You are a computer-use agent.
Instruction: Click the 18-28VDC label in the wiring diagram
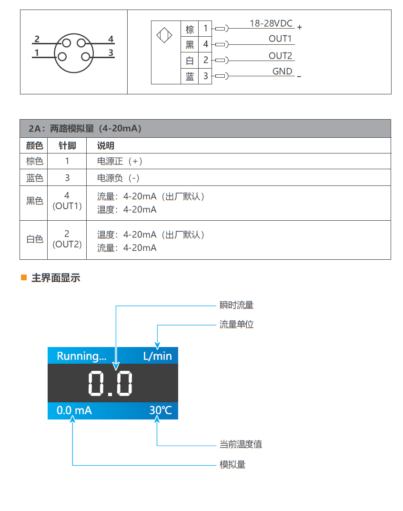click(x=271, y=23)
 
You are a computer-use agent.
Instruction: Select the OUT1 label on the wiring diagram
click(x=280, y=39)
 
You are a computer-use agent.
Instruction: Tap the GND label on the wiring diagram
click(x=282, y=72)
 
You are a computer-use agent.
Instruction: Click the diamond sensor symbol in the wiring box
click(x=164, y=36)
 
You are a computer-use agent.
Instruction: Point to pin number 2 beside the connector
click(x=37, y=40)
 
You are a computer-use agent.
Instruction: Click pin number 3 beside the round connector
click(x=111, y=53)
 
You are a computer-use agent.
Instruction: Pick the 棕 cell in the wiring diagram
click(x=190, y=29)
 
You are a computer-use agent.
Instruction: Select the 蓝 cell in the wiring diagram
click(x=190, y=76)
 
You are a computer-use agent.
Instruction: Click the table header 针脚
click(x=67, y=146)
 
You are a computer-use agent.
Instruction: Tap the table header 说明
click(x=106, y=146)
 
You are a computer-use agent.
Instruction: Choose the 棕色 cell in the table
click(x=34, y=161)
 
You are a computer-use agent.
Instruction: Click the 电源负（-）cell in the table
click(x=118, y=178)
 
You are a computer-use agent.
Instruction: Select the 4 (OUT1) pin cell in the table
click(x=67, y=201)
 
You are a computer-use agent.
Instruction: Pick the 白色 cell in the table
click(x=34, y=239)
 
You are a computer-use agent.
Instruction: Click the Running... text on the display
click(x=81, y=356)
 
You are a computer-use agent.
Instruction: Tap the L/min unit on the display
click(x=157, y=356)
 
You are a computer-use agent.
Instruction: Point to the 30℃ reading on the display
click(x=160, y=410)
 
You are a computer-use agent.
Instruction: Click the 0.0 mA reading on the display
click(x=74, y=410)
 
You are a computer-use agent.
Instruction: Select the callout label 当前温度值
click(x=241, y=444)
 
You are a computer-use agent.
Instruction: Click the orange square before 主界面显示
click(x=24, y=277)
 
